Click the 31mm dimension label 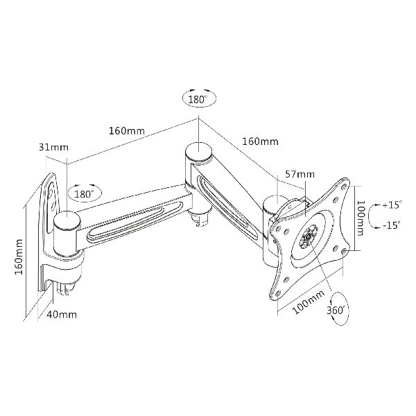[53, 147]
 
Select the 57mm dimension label [300, 174]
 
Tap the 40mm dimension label [62, 315]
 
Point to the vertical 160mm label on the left [19, 257]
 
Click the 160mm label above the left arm [127, 131]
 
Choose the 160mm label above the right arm [260, 141]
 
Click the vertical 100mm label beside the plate [360, 218]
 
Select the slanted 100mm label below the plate [309, 302]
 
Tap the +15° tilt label [392, 205]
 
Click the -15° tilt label [391, 225]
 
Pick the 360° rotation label [336, 310]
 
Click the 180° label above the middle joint [198, 99]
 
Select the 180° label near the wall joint [83, 194]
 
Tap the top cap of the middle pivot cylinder [199, 150]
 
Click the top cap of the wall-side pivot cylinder [67, 219]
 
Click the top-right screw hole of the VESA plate [344, 186]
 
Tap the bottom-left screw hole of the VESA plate [278, 293]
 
